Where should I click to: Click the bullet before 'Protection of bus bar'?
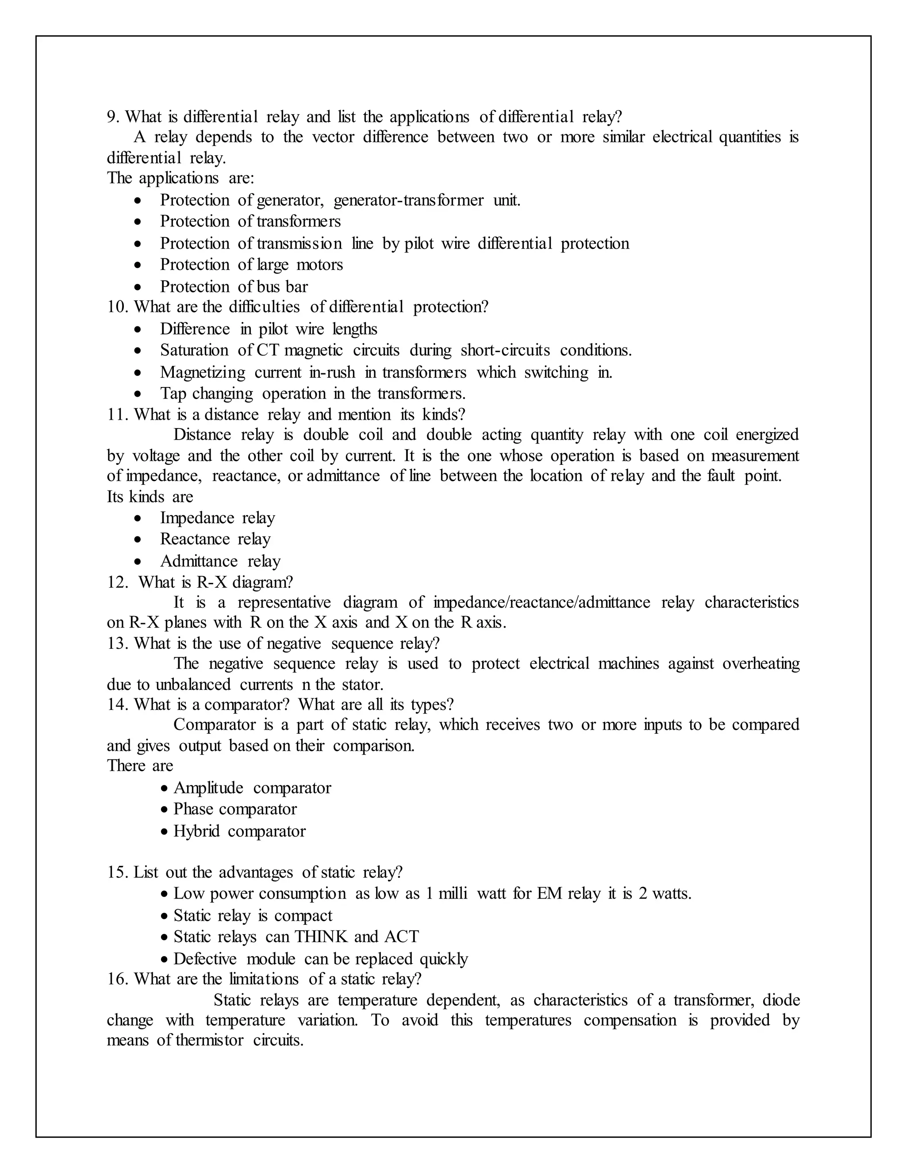(139, 287)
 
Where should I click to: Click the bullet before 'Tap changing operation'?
(139, 394)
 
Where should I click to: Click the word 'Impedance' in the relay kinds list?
(197, 518)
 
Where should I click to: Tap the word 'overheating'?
(761, 664)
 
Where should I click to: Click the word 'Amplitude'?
(208, 788)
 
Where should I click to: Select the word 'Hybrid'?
(196, 831)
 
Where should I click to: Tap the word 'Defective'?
(204, 958)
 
